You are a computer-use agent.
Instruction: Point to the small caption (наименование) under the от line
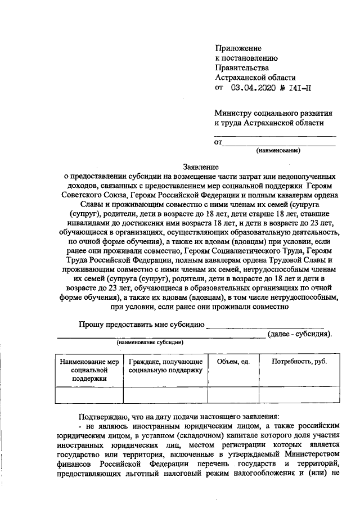click(x=278, y=151)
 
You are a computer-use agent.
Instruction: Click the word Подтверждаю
click(x=106, y=417)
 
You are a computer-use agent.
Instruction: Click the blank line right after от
click(x=279, y=144)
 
